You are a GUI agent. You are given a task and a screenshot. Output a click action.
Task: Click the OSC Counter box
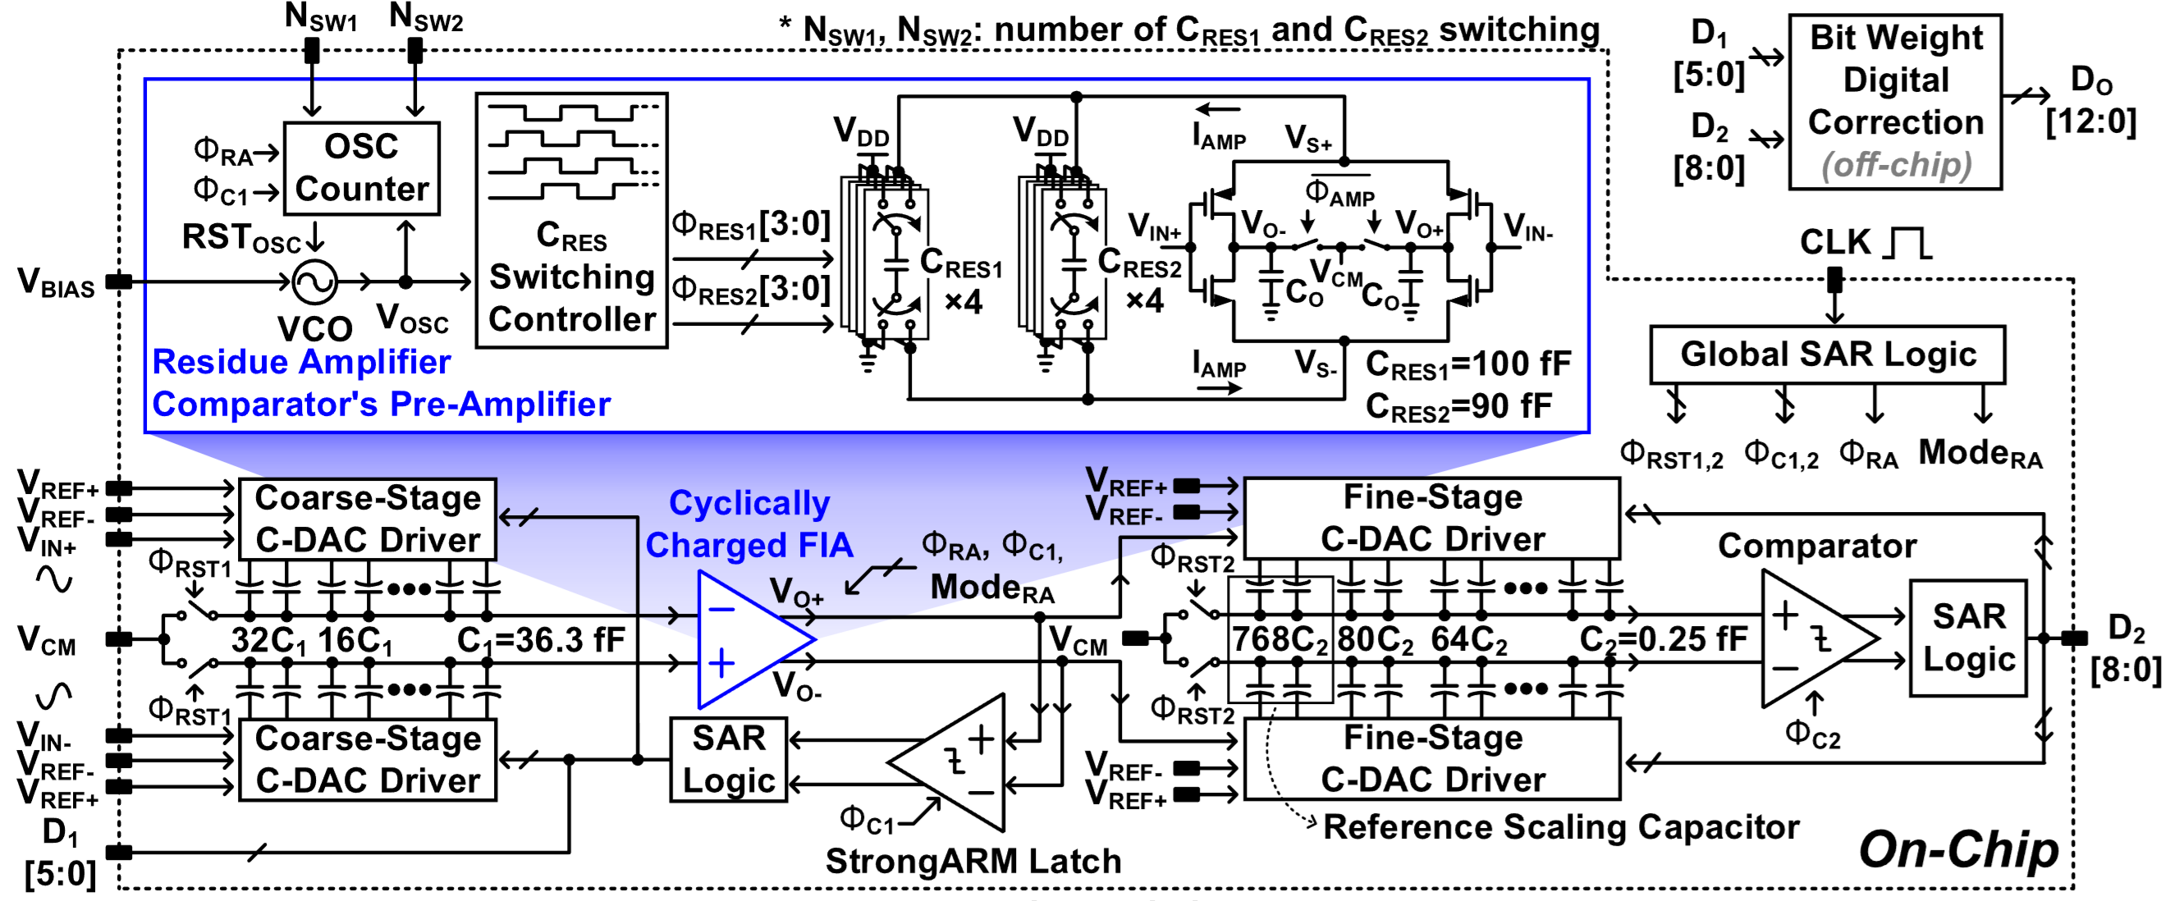(361, 168)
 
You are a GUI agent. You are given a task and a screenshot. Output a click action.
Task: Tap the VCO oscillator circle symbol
(314, 282)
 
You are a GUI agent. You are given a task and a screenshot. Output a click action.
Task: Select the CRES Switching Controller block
(571, 222)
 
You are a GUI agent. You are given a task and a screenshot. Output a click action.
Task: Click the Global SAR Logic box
(1827, 354)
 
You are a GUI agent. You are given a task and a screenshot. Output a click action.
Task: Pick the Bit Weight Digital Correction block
(1894, 101)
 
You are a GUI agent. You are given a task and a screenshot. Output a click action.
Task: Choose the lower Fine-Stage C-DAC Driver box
(1432, 759)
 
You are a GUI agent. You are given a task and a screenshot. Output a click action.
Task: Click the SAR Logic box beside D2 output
(1967, 638)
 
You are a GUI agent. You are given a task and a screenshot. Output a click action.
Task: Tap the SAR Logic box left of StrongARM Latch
(729, 759)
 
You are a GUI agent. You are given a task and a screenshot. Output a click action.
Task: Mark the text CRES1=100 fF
(1468, 365)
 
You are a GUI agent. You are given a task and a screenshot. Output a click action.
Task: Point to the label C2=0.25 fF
(1663, 639)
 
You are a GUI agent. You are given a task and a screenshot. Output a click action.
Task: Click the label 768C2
(1280, 639)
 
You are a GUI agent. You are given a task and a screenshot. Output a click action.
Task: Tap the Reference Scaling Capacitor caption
(1560, 826)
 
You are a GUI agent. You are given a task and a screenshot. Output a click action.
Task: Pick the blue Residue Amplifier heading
(301, 362)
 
